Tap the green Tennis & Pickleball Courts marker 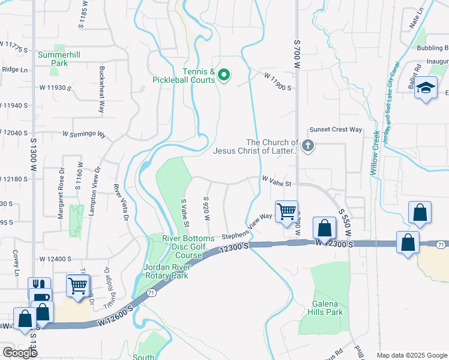pos(224,75)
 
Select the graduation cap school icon pos(426,89)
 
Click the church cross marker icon pos(308,146)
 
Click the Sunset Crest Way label pos(336,130)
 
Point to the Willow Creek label pos(375,153)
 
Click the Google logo pos(20,353)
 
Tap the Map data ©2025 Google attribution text pos(412,355)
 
